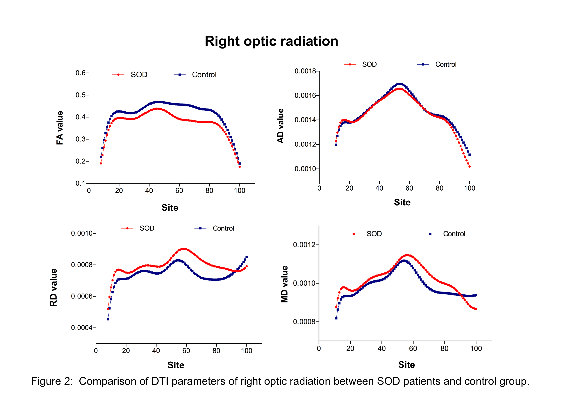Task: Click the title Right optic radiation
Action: coord(271,41)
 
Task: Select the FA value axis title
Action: coord(60,128)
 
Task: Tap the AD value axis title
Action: coord(280,126)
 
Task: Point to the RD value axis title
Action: coord(53,287)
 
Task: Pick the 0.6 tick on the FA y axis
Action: coord(81,73)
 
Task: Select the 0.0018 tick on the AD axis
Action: coord(305,71)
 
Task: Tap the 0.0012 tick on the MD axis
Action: coord(304,245)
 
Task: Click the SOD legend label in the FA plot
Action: coord(139,75)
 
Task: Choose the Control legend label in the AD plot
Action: coord(446,64)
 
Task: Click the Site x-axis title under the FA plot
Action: coord(170,208)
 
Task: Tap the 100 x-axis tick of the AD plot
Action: coord(469,188)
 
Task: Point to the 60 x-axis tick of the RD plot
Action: coord(186,351)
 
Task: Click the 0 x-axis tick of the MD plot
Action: coord(319,349)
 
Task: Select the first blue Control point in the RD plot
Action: coord(108,319)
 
